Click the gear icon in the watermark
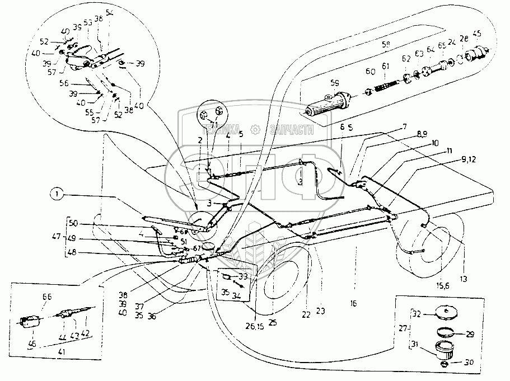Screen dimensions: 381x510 [256, 130]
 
